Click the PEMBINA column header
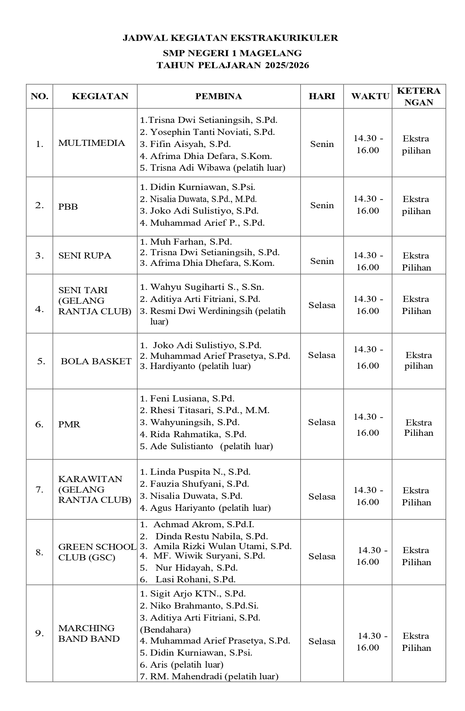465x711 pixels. pos(218,96)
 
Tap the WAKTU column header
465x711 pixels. pos(370,96)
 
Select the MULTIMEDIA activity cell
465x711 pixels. pos(91,143)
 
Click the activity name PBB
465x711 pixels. pos(68,207)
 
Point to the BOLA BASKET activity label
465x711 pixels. pos(96,361)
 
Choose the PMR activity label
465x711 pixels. pos(69,424)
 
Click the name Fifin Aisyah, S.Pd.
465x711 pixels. pos(190,144)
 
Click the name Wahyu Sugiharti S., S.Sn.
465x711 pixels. pos(207,287)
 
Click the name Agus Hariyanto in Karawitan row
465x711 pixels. pos(210,508)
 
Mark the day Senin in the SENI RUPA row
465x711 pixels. pos(322,261)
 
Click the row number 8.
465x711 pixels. pos(39,552)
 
